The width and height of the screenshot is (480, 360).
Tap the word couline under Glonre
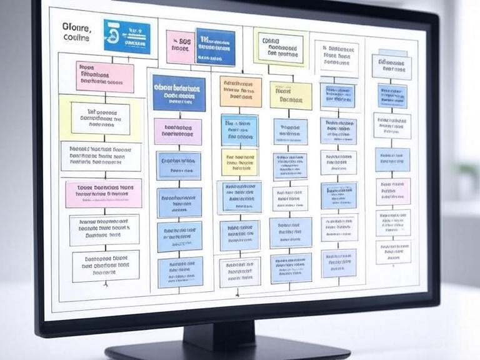[77, 38]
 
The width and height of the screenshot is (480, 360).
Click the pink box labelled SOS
[180, 46]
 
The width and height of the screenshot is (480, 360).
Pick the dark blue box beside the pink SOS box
[216, 47]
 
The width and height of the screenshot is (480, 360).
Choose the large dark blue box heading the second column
[179, 93]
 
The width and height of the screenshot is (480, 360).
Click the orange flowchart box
[241, 91]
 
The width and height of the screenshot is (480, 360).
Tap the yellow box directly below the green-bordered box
[291, 96]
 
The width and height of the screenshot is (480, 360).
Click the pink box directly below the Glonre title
[104, 76]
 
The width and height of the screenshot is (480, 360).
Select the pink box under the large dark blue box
[178, 131]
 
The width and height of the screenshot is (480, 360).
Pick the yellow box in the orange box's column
[239, 162]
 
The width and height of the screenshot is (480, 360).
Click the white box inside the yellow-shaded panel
[100, 119]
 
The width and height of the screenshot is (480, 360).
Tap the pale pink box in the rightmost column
[393, 191]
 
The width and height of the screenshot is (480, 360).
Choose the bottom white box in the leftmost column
[105, 266]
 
